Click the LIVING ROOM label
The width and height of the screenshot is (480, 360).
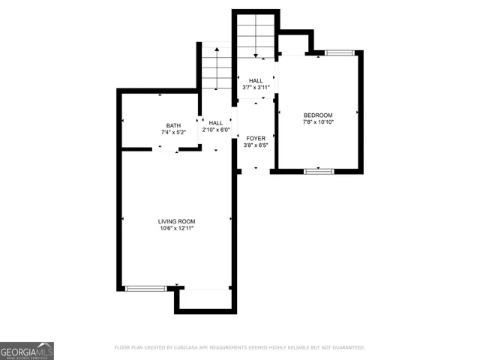[176, 221]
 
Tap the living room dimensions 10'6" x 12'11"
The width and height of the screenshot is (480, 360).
[176, 229]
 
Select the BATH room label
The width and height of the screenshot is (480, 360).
[173, 125]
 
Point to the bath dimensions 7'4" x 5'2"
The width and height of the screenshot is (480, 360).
[173, 133]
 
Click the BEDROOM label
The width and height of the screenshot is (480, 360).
[318, 115]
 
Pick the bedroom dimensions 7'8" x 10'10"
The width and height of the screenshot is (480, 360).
[318, 122]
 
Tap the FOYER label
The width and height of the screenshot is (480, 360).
[256, 139]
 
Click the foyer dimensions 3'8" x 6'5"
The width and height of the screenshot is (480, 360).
[256, 146]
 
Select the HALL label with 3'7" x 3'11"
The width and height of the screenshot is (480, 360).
[256, 80]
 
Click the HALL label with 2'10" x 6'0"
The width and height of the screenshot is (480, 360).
[216, 122]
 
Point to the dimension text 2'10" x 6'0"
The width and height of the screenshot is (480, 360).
[216, 130]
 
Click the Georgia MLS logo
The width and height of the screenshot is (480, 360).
[27, 350]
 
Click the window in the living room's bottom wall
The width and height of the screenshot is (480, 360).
[145, 288]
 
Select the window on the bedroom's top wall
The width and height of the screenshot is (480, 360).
[338, 52]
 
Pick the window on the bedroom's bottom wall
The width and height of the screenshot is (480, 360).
[319, 172]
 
